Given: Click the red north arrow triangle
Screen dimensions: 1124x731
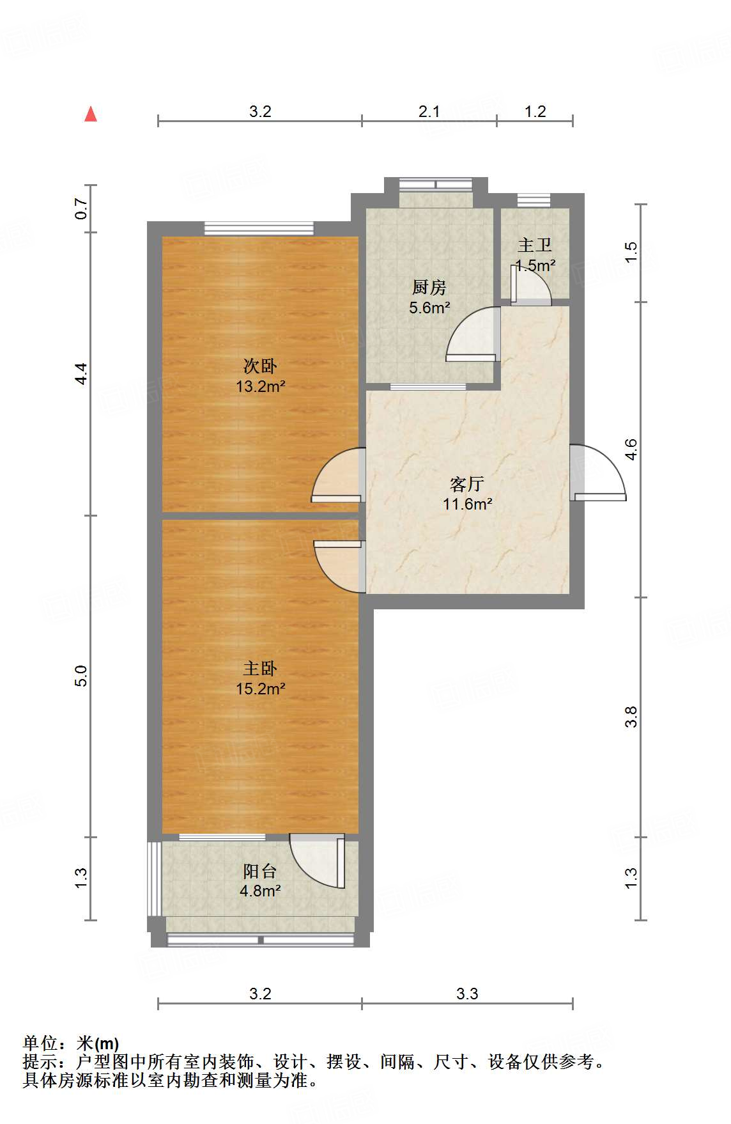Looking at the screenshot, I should click(91, 114).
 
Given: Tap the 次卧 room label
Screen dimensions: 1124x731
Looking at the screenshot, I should click(260, 366).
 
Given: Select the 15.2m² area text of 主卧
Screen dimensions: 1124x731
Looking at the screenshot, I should click(260, 689).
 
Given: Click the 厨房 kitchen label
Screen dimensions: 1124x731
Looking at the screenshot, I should click(429, 288).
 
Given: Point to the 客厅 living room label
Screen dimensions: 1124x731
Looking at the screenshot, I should click(467, 484).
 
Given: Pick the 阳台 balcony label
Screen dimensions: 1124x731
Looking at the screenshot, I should click(260, 871).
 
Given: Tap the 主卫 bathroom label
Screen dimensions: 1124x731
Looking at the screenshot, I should click(535, 245).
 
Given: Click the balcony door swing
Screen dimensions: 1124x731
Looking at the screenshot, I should click(318, 860).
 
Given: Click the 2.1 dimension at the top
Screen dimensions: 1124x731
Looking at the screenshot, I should click(429, 112).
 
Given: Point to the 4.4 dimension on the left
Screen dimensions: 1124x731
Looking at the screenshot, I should click(81, 373).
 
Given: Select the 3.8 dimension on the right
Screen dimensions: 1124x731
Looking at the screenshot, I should click(631, 717).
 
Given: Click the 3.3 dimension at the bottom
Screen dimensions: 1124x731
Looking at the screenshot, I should click(467, 994).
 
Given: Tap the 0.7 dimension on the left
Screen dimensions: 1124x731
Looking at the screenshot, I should click(81, 208).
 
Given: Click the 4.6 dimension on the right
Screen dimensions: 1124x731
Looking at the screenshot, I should click(631, 449).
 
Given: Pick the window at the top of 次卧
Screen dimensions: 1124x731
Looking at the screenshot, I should click(259, 228).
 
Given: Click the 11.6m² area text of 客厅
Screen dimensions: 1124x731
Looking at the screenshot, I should click(467, 504).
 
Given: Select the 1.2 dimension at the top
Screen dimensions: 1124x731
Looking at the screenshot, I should click(535, 112).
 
